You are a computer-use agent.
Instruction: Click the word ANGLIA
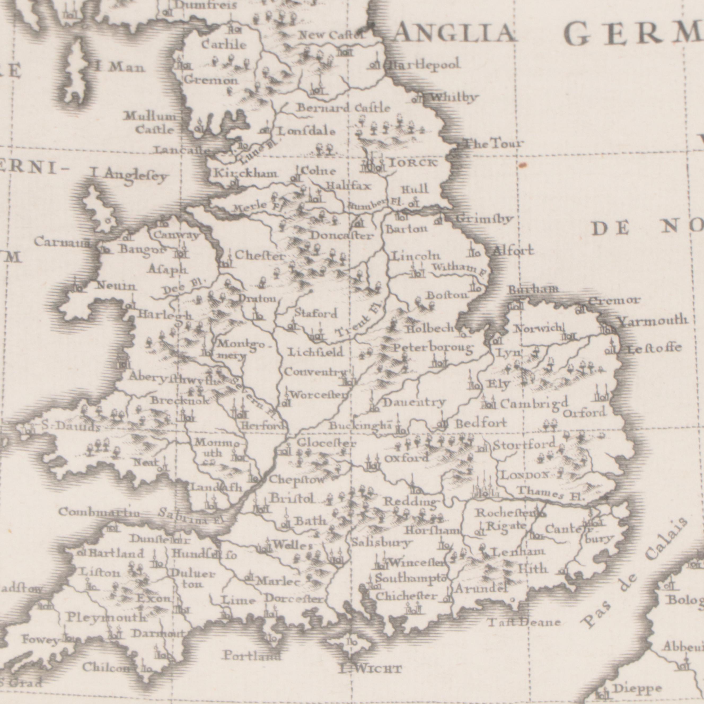click(x=454, y=33)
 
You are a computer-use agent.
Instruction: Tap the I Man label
click(x=119, y=67)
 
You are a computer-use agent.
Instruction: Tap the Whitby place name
click(x=454, y=98)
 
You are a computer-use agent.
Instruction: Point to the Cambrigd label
click(x=534, y=403)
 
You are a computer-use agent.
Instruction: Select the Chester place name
click(x=260, y=256)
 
